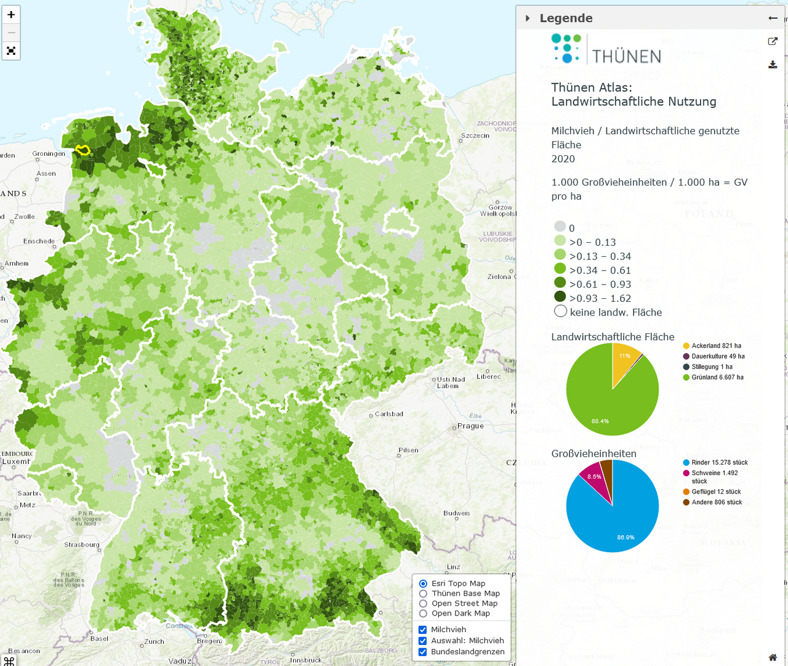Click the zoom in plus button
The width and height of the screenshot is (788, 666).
tap(11, 15)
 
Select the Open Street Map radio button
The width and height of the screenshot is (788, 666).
tap(423, 603)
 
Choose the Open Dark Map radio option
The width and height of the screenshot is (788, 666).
tap(423, 613)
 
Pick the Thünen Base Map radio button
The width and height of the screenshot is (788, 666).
tap(423, 593)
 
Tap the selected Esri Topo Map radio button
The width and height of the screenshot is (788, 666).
tap(423, 583)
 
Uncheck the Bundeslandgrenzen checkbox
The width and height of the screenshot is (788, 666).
tap(423, 652)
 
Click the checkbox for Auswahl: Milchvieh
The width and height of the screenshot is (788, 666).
tap(423, 641)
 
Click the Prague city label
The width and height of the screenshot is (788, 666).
tap(470, 426)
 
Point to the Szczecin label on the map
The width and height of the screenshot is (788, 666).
tap(475, 136)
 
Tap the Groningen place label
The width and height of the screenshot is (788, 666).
tap(48, 153)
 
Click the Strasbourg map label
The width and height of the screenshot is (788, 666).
tap(81, 545)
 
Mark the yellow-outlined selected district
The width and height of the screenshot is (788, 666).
tap(82, 150)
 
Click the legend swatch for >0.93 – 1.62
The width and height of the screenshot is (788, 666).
tap(560, 297)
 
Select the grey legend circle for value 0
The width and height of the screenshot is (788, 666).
tap(560, 227)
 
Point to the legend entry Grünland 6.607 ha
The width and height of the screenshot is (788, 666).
tap(717, 377)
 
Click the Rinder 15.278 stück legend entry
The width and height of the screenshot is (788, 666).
tap(719, 463)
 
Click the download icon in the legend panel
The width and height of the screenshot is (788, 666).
tap(773, 65)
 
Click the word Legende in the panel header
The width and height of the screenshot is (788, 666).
tap(566, 18)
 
